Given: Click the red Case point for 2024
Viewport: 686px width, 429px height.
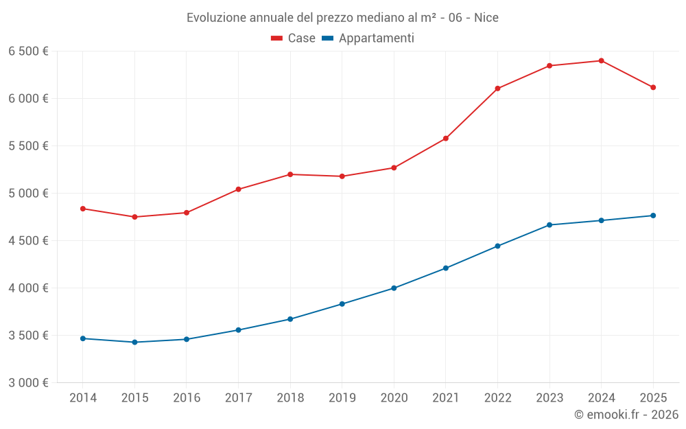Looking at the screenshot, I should click(601, 61).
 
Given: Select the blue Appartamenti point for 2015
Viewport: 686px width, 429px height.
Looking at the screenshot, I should click(134, 342).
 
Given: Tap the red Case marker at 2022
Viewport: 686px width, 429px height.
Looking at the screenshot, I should click(497, 89).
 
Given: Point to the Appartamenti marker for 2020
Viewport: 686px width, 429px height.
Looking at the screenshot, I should click(394, 288).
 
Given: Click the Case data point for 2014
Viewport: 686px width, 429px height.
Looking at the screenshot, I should click(83, 209).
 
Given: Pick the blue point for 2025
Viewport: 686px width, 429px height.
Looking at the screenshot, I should click(653, 216).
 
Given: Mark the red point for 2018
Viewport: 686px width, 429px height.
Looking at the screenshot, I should click(290, 174).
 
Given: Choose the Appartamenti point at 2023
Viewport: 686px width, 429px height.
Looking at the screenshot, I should click(549, 225).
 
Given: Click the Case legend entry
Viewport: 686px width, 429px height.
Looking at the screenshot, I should click(294, 38).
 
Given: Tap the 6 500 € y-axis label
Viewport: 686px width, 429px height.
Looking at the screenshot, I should click(28, 51).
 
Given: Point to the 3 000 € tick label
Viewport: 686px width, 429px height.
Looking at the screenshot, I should click(28, 383).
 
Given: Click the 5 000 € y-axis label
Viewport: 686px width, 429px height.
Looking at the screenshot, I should click(28, 194).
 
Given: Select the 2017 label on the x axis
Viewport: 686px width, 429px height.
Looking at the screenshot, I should click(238, 398).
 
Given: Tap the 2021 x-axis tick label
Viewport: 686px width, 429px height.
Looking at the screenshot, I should click(446, 398).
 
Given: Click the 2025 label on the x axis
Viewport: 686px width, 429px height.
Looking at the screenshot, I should click(653, 398).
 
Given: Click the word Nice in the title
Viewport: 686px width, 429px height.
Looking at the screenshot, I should click(486, 17).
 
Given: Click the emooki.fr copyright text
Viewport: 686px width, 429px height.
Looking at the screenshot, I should click(626, 415).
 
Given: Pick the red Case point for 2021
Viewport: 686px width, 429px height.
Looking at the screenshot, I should click(446, 139).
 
